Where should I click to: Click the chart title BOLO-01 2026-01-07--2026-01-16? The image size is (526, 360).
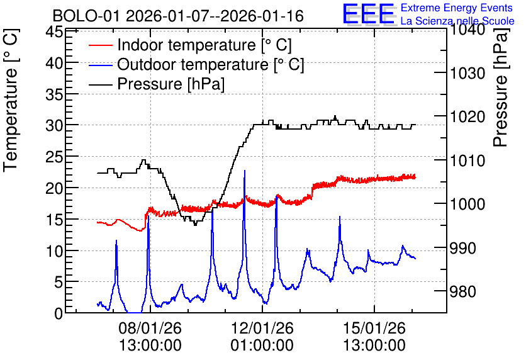point(178,16)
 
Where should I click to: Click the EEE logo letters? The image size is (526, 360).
point(368,14)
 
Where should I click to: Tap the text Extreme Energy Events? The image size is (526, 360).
point(457,8)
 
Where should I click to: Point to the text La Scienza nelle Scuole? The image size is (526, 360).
point(457,21)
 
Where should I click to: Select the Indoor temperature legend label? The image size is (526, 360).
point(204,45)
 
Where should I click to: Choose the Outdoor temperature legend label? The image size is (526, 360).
point(210,64)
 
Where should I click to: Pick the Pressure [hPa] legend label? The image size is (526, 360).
point(171,84)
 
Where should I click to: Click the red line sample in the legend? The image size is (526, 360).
point(100,45)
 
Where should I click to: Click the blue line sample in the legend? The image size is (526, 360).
point(100,65)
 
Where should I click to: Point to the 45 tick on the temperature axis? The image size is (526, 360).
point(54,32)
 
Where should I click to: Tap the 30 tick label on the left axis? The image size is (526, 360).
point(54,125)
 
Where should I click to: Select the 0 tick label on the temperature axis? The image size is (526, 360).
point(59,313)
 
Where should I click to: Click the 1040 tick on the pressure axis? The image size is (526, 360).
point(467,30)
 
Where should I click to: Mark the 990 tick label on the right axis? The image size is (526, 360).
point(462,248)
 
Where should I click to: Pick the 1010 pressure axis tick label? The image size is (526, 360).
point(467,160)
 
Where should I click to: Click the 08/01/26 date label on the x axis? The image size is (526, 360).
point(150,328)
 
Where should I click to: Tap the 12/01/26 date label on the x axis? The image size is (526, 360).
point(262,328)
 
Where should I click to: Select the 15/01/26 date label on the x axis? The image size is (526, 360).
point(374,328)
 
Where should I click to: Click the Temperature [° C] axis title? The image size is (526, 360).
point(11,101)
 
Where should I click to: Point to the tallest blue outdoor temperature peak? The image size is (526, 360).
point(245,171)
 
